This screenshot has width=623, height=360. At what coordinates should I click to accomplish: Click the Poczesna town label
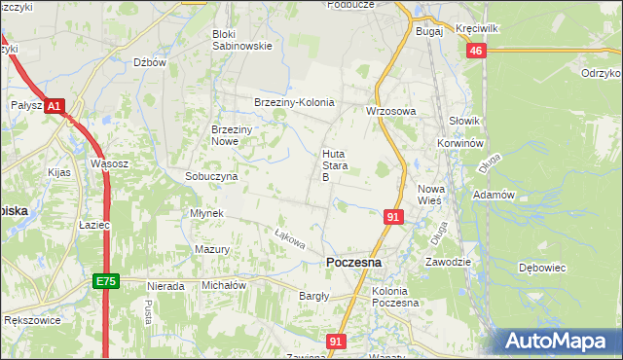[353, 263]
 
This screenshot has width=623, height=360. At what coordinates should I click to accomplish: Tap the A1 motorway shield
[55, 105]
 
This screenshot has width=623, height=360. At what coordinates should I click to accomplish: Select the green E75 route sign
[106, 281]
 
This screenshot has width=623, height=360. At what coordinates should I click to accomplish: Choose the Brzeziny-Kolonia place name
[293, 102]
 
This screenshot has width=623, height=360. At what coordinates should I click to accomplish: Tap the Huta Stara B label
[333, 165]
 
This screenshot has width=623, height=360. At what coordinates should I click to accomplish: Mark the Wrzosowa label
[390, 111]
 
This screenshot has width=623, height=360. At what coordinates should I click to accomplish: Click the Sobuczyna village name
[211, 176]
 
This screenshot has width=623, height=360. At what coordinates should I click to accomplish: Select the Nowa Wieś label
[429, 194]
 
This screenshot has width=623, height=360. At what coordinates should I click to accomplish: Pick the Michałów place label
[223, 286]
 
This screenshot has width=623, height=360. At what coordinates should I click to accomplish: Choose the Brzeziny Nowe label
[234, 135]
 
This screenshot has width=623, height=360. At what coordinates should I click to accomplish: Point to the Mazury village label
[211, 249]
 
